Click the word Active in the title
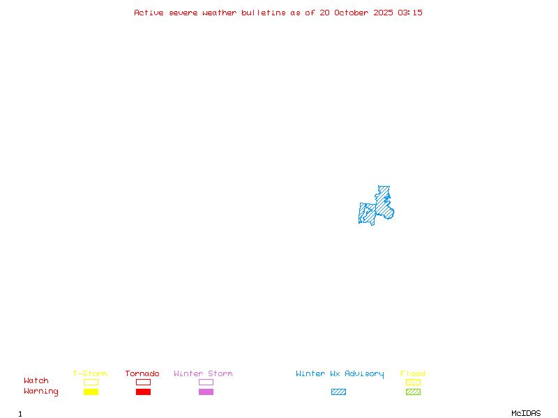149,13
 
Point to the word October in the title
351,13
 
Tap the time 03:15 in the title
410,13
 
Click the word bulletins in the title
264,13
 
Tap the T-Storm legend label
90,374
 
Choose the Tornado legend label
142,374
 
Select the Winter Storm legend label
203,374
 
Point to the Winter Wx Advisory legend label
340,374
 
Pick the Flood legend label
413,374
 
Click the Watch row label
36,381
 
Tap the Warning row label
41,392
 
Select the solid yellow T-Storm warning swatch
91,392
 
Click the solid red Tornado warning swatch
143,392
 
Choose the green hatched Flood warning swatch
413,392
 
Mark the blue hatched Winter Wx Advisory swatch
338,392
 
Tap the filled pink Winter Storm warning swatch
206,392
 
